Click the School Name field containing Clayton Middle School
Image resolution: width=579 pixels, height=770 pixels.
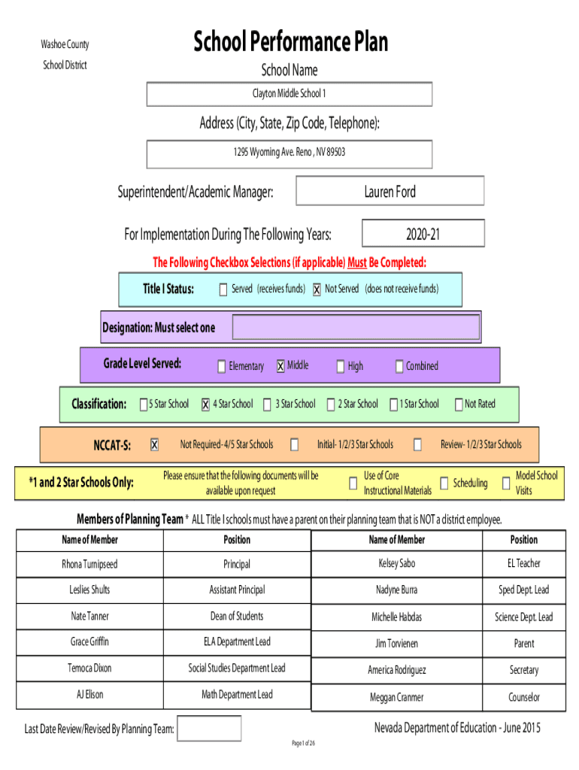click(289, 94)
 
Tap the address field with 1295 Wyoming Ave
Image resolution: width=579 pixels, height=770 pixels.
click(289, 154)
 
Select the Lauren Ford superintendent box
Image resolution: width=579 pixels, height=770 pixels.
click(390, 190)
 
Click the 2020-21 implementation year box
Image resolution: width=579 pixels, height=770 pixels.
click(423, 233)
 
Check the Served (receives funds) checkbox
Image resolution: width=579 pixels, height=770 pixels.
click(223, 290)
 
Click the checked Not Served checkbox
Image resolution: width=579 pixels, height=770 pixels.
click(317, 290)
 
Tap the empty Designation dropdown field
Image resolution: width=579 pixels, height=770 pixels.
click(356, 327)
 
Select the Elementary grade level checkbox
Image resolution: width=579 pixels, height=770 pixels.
click(222, 366)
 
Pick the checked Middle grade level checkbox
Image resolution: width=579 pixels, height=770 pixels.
click(280, 366)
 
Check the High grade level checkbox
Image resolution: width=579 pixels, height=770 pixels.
click(341, 366)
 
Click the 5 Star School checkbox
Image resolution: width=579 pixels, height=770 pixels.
click(144, 404)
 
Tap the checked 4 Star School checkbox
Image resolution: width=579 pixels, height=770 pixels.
click(206, 404)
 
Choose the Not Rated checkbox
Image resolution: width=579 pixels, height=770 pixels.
click(459, 404)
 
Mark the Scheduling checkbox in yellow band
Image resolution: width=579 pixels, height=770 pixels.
click(444, 484)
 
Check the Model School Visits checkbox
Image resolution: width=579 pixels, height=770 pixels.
click(506, 484)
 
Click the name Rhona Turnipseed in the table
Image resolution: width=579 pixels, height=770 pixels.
click(90, 564)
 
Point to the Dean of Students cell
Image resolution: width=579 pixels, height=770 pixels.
click(237, 617)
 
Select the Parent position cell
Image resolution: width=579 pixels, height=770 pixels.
click(524, 644)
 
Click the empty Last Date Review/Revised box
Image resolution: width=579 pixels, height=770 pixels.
click(209, 728)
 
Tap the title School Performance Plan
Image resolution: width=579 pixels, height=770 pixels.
click(291, 41)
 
